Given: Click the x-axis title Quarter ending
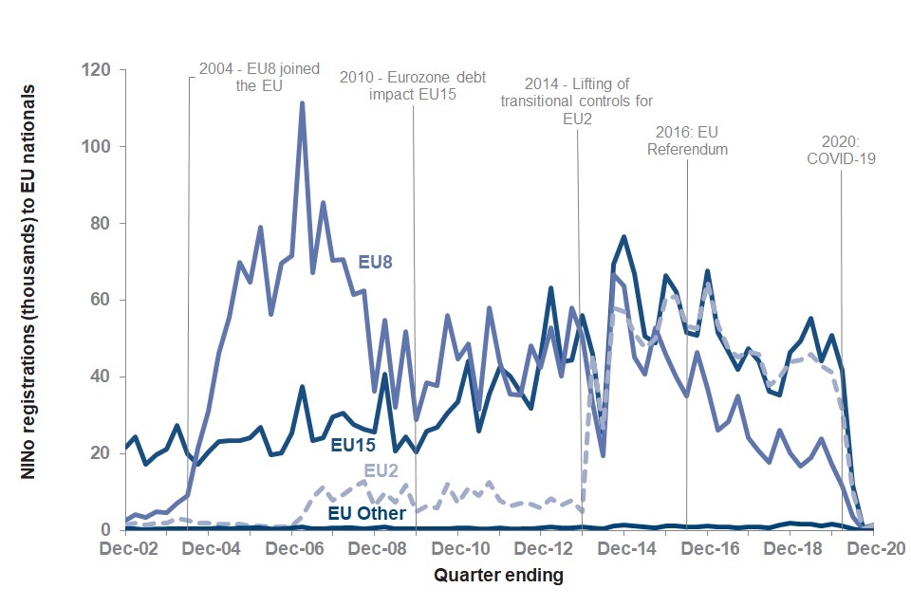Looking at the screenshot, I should pos(498,576).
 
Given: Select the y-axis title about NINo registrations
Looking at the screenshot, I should pos(29,294).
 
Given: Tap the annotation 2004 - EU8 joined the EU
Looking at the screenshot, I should pos(259,77).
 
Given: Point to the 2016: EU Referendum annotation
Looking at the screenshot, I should pos(693,140).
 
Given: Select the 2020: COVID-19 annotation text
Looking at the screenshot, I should pos(841,151).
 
